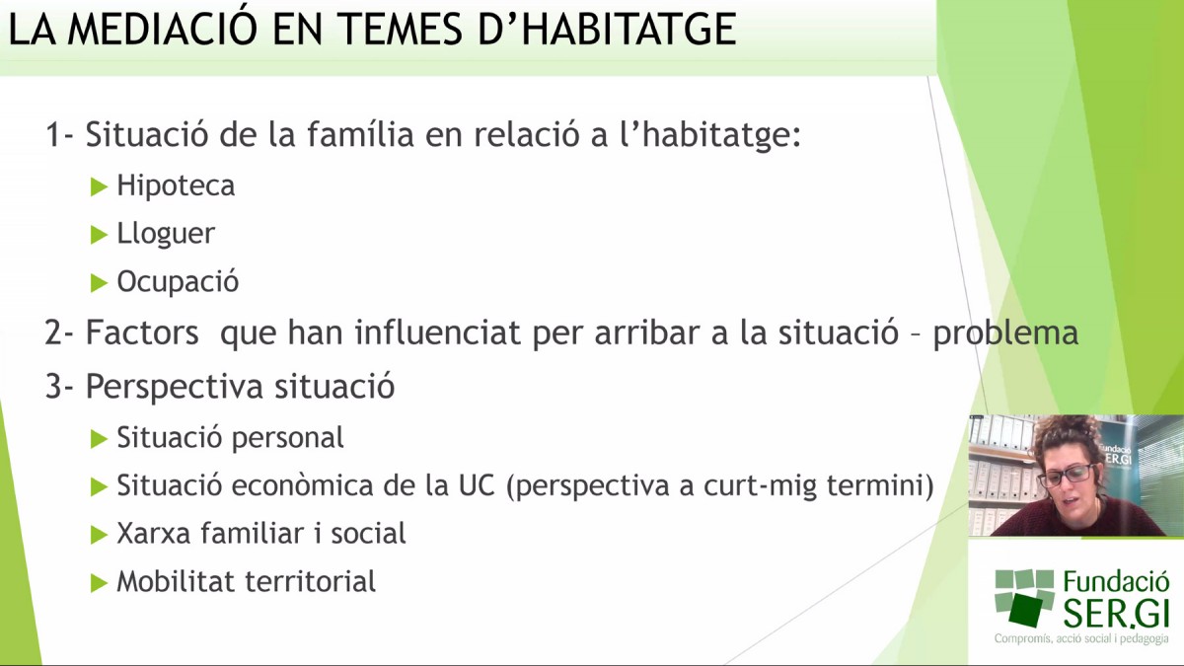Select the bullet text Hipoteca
tap(176, 186)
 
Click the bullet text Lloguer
tap(166, 234)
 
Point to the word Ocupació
tap(178, 282)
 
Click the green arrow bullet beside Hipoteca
tap(99, 187)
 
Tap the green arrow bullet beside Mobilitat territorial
tap(99, 583)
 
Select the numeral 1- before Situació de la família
tap(59, 134)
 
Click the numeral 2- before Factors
tap(59, 333)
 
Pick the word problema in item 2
tap(1005, 334)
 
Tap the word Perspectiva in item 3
tap(175, 387)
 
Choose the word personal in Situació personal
tap(287, 439)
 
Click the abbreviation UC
tap(477, 485)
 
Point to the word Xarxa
tap(151, 534)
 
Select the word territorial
tap(311, 581)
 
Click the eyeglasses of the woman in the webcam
tap(1067, 475)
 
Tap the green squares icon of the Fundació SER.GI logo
tap(1024, 597)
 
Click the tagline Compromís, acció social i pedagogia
tap(1081, 638)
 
